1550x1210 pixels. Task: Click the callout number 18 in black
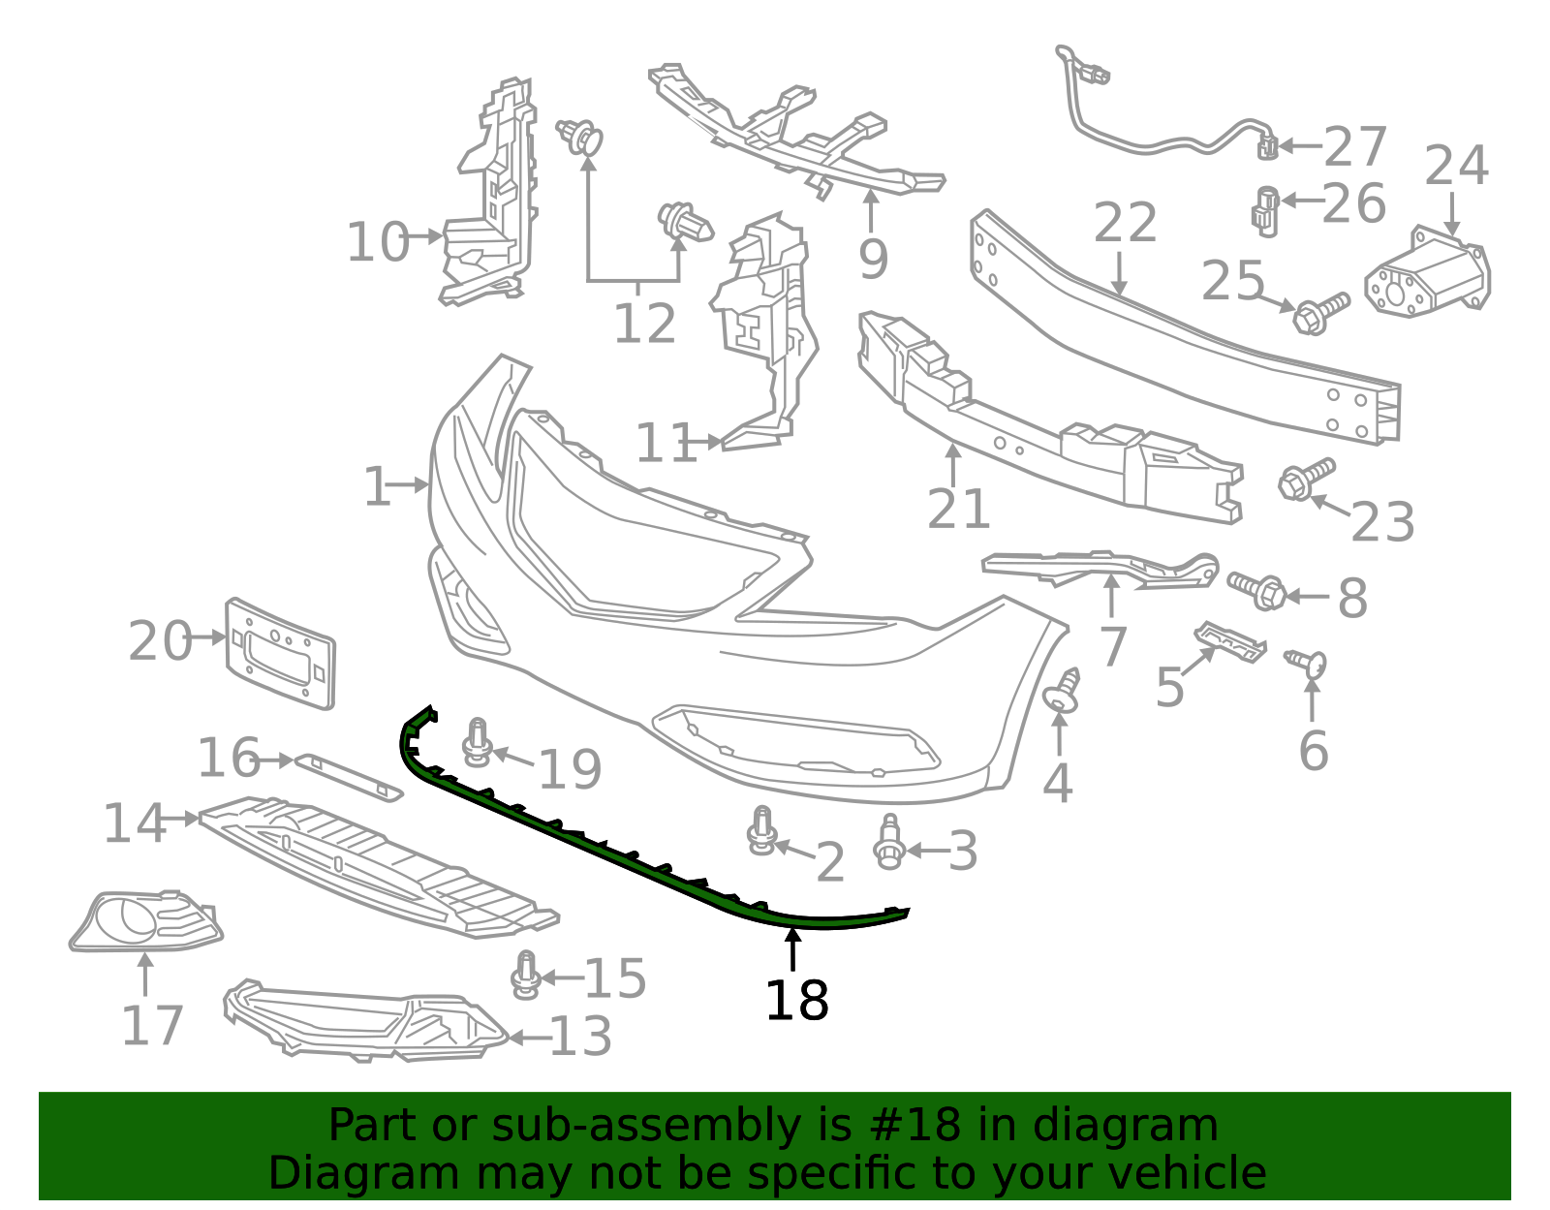click(796, 1001)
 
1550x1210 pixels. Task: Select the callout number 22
click(1125, 224)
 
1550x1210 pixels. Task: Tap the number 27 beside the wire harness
click(1355, 147)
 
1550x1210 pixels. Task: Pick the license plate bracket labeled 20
click(280, 653)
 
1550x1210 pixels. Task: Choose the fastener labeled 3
click(888, 841)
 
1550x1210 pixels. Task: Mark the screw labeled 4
click(1062, 691)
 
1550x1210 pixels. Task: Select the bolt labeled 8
click(1257, 588)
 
